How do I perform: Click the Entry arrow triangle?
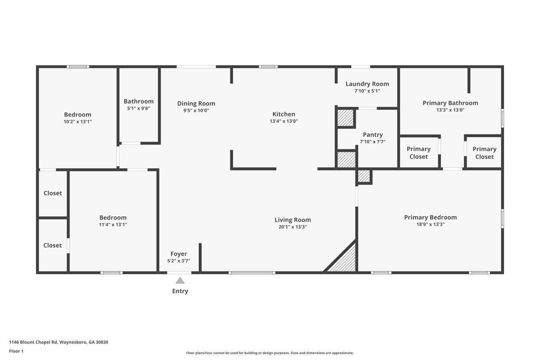[x=180, y=280]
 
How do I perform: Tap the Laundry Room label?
[x=367, y=84]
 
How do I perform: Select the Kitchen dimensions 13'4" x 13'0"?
[x=283, y=121]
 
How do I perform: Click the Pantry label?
[x=373, y=135]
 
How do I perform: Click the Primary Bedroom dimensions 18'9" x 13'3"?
[x=430, y=225]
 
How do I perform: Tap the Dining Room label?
[x=196, y=103]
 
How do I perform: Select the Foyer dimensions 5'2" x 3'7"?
[x=179, y=261]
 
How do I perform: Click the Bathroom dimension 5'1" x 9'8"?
[x=139, y=108]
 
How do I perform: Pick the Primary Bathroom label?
[x=450, y=103]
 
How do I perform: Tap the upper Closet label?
[x=53, y=193]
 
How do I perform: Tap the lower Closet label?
[x=53, y=245]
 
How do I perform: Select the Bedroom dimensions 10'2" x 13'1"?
[x=77, y=121]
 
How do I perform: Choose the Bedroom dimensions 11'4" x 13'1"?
[x=113, y=225]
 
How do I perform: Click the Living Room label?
[x=292, y=220]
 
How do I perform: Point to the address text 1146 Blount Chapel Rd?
[x=58, y=342]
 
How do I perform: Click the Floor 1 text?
[x=16, y=351]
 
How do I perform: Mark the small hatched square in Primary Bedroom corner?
[x=364, y=176]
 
